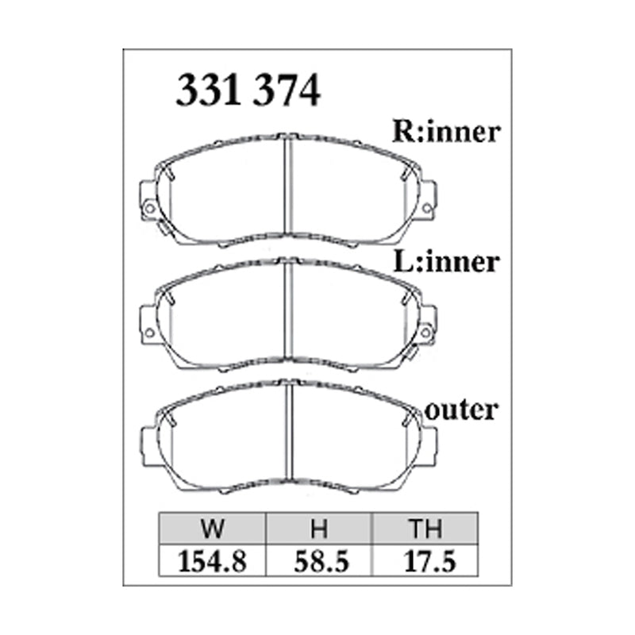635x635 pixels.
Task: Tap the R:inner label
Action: pyautogui.click(x=447, y=131)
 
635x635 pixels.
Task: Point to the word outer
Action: pyautogui.click(x=462, y=410)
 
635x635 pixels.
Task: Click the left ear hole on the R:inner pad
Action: pyautogui.click(x=148, y=209)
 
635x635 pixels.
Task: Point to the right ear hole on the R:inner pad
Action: pyautogui.click(x=427, y=209)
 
